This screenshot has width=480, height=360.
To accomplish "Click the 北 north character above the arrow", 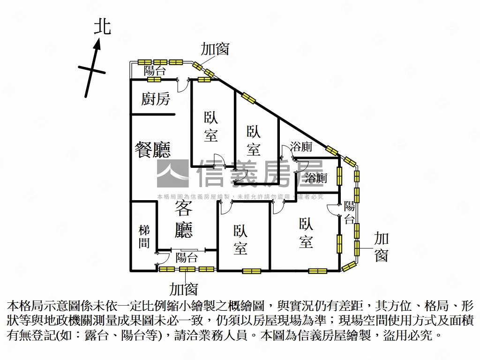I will (x=102, y=26).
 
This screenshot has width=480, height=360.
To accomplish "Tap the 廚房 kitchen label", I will (x=155, y=99).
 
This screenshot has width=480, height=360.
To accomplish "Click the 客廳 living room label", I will (x=184, y=218).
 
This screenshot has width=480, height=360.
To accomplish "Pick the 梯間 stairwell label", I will (x=144, y=236).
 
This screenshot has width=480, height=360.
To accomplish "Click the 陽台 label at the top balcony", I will (x=155, y=71).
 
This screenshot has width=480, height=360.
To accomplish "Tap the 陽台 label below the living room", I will (x=187, y=257).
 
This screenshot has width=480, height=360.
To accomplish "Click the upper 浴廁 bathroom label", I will (x=301, y=147).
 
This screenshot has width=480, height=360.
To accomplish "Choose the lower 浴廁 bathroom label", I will (x=316, y=178).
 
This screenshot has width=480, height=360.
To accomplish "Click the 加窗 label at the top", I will (x=215, y=49).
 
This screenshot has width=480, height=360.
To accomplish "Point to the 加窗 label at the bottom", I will (x=184, y=289).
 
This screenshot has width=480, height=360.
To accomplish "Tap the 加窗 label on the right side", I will (x=382, y=247).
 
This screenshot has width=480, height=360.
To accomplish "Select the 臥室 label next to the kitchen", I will (x=210, y=126).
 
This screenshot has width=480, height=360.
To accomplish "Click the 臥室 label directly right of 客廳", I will (x=240, y=239).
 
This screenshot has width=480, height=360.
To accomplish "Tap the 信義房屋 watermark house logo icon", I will (x=172, y=173).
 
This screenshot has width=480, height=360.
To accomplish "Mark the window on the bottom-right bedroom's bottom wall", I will (x=317, y=270).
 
